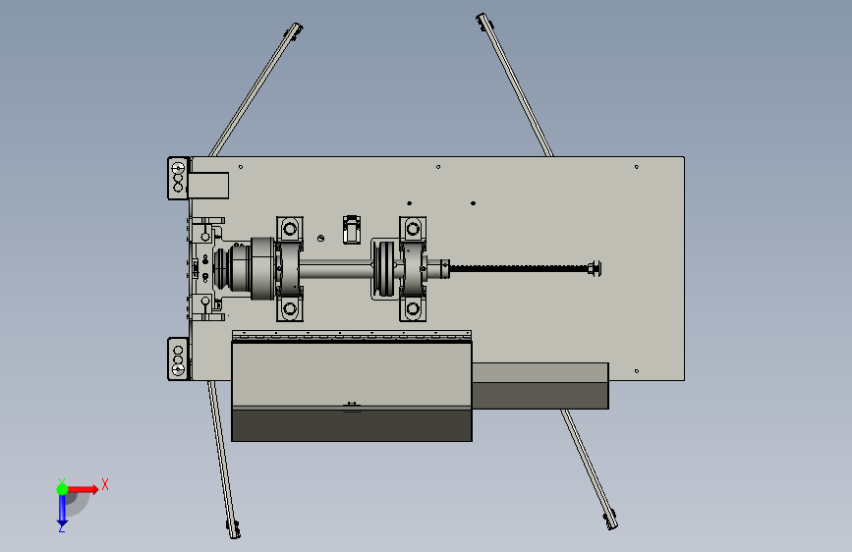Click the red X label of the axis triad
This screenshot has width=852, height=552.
105,484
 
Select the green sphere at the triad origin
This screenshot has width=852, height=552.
63,489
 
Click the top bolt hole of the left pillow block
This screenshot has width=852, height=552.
290,229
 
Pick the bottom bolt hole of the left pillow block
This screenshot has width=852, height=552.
290,309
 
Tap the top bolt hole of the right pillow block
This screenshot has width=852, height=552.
413,229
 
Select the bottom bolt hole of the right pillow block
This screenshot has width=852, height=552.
413,309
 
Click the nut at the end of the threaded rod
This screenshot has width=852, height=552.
595,268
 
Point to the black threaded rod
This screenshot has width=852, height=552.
519,268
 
